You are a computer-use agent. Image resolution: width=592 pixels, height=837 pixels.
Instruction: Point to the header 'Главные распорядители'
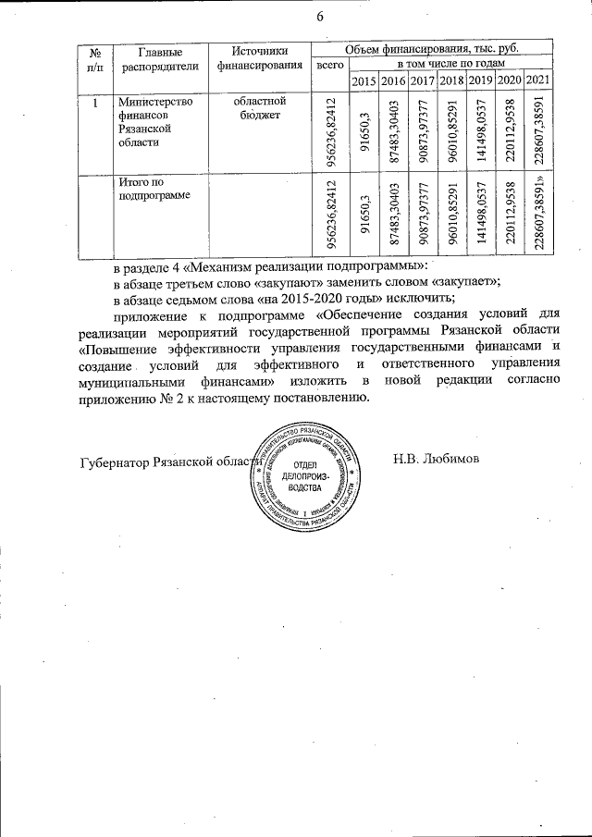click(x=153, y=58)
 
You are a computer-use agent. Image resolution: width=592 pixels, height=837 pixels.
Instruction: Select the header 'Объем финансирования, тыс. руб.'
click(x=430, y=47)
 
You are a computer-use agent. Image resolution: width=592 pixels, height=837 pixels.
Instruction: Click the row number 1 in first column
click(x=94, y=102)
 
